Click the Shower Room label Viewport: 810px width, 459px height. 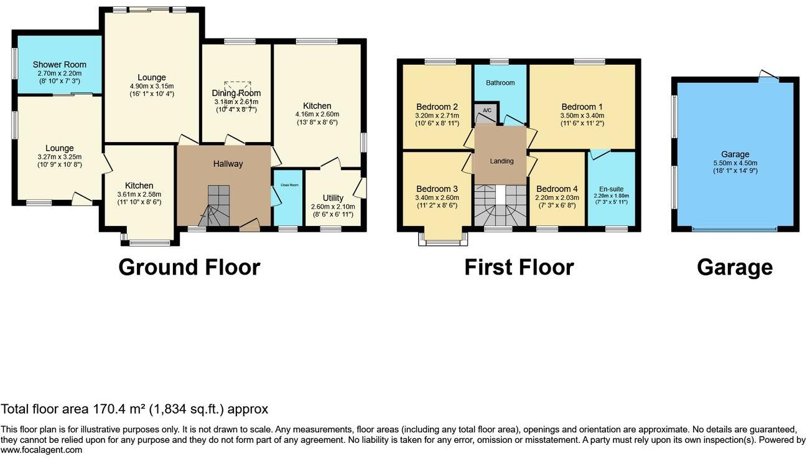[59, 64]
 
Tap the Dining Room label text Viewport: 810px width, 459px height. [236, 93]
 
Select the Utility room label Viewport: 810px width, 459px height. [333, 198]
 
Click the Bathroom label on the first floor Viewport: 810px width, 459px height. [500, 83]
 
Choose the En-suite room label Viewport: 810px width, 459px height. [611, 189]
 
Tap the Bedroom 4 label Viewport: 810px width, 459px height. [557, 189]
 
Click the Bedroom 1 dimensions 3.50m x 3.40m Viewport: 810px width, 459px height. [582, 115]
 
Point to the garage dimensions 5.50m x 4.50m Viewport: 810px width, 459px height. [735, 163]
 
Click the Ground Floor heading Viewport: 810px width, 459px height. [189, 267]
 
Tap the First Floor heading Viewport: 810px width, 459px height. [519, 267]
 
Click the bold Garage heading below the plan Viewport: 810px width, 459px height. [735, 267]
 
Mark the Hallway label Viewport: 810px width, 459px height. [228, 164]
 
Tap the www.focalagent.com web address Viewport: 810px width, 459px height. [41, 450]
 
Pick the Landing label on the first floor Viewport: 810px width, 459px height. [501, 161]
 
